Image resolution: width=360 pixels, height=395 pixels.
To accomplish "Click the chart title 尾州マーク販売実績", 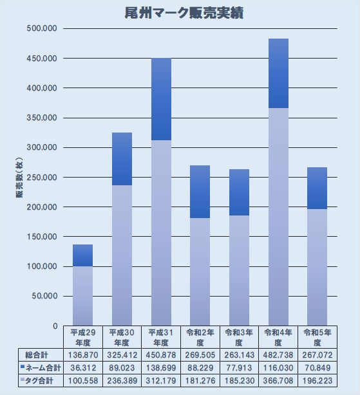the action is (184, 13).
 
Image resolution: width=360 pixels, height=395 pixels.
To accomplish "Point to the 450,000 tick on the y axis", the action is (42, 59).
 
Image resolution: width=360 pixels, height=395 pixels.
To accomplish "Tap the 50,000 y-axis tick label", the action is (44, 296).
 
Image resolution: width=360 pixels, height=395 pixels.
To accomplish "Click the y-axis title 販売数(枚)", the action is (19, 178).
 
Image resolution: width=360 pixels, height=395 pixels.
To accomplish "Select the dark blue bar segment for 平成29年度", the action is (82, 255).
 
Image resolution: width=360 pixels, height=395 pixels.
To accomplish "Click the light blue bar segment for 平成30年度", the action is (122, 255).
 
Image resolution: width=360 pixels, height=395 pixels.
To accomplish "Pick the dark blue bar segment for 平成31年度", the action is (162, 99).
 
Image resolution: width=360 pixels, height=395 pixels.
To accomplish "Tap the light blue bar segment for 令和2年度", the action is (200, 271).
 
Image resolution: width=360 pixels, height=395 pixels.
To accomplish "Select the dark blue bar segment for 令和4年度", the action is (279, 73).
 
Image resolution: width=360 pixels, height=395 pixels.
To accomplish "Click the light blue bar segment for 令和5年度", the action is (317, 267).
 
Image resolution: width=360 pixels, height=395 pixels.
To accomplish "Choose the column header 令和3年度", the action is (239, 338).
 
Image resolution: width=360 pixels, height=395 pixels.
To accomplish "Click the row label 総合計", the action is (37, 355).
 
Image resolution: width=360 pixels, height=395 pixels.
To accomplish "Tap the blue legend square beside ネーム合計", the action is (23, 367).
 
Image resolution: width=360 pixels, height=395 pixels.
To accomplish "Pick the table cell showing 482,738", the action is (278, 355).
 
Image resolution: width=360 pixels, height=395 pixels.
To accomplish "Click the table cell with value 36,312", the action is (83, 368).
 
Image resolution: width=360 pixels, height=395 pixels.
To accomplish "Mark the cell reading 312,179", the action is (161, 381).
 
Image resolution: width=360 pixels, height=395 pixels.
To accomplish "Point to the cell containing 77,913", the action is (239, 368).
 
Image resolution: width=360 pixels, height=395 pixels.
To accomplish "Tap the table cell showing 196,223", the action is (317, 381).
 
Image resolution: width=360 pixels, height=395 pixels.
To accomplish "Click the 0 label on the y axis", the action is (55, 326).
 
